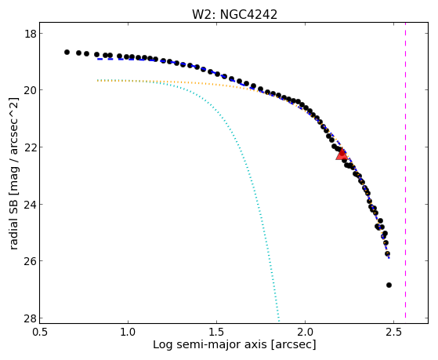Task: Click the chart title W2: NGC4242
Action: coord(234,15)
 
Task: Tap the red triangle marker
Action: coord(342,154)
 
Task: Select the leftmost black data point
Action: coord(67,52)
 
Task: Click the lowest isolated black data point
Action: coord(389,285)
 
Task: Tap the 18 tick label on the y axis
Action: coord(29,34)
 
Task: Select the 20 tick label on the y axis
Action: coord(29,90)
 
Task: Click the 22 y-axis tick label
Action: coord(29,147)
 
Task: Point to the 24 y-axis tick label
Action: coord(29,204)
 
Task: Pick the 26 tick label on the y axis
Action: coord(29,261)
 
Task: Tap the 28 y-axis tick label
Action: coord(29,318)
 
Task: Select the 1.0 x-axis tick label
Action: coord(128,332)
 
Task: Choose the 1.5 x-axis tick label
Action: coord(216,332)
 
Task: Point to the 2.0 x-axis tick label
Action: coord(305,332)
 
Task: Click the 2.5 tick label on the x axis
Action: coord(393,332)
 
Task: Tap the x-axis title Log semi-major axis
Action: coord(211,345)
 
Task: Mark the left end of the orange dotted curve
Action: coord(97,81)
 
